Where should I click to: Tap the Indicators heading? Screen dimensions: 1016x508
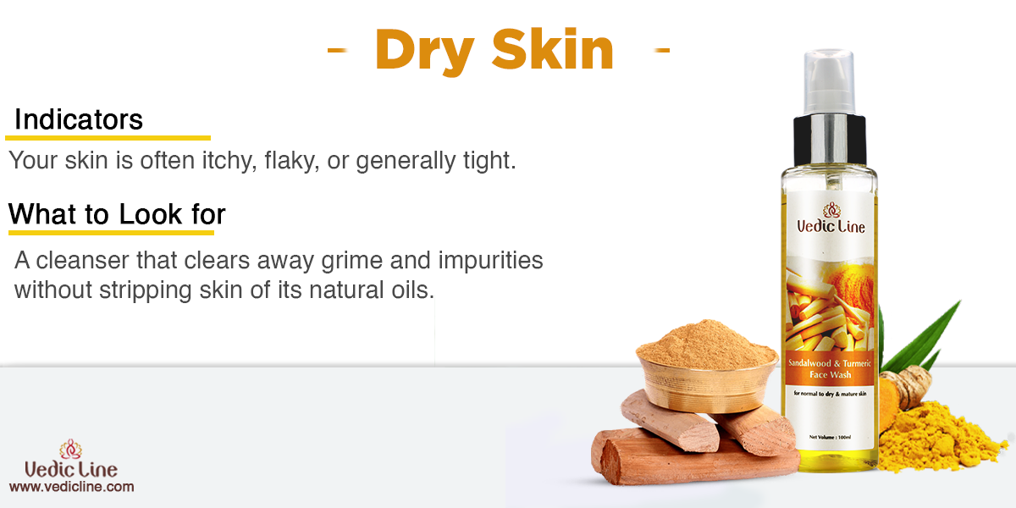(79, 119)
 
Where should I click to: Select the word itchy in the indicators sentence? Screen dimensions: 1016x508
(229, 161)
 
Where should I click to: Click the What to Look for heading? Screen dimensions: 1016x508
(117, 214)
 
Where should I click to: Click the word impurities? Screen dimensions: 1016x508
(490, 262)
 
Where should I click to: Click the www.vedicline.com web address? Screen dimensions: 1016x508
(72, 487)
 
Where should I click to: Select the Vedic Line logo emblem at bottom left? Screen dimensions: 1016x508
(70, 449)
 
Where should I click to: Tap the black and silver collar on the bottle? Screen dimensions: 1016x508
(830, 141)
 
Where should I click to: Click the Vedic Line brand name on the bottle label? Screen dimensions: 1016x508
(831, 226)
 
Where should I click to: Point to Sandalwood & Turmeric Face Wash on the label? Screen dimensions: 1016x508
(830, 369)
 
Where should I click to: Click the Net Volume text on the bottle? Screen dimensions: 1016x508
(830, 437)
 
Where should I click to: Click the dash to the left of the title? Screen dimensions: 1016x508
(338, 50)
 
